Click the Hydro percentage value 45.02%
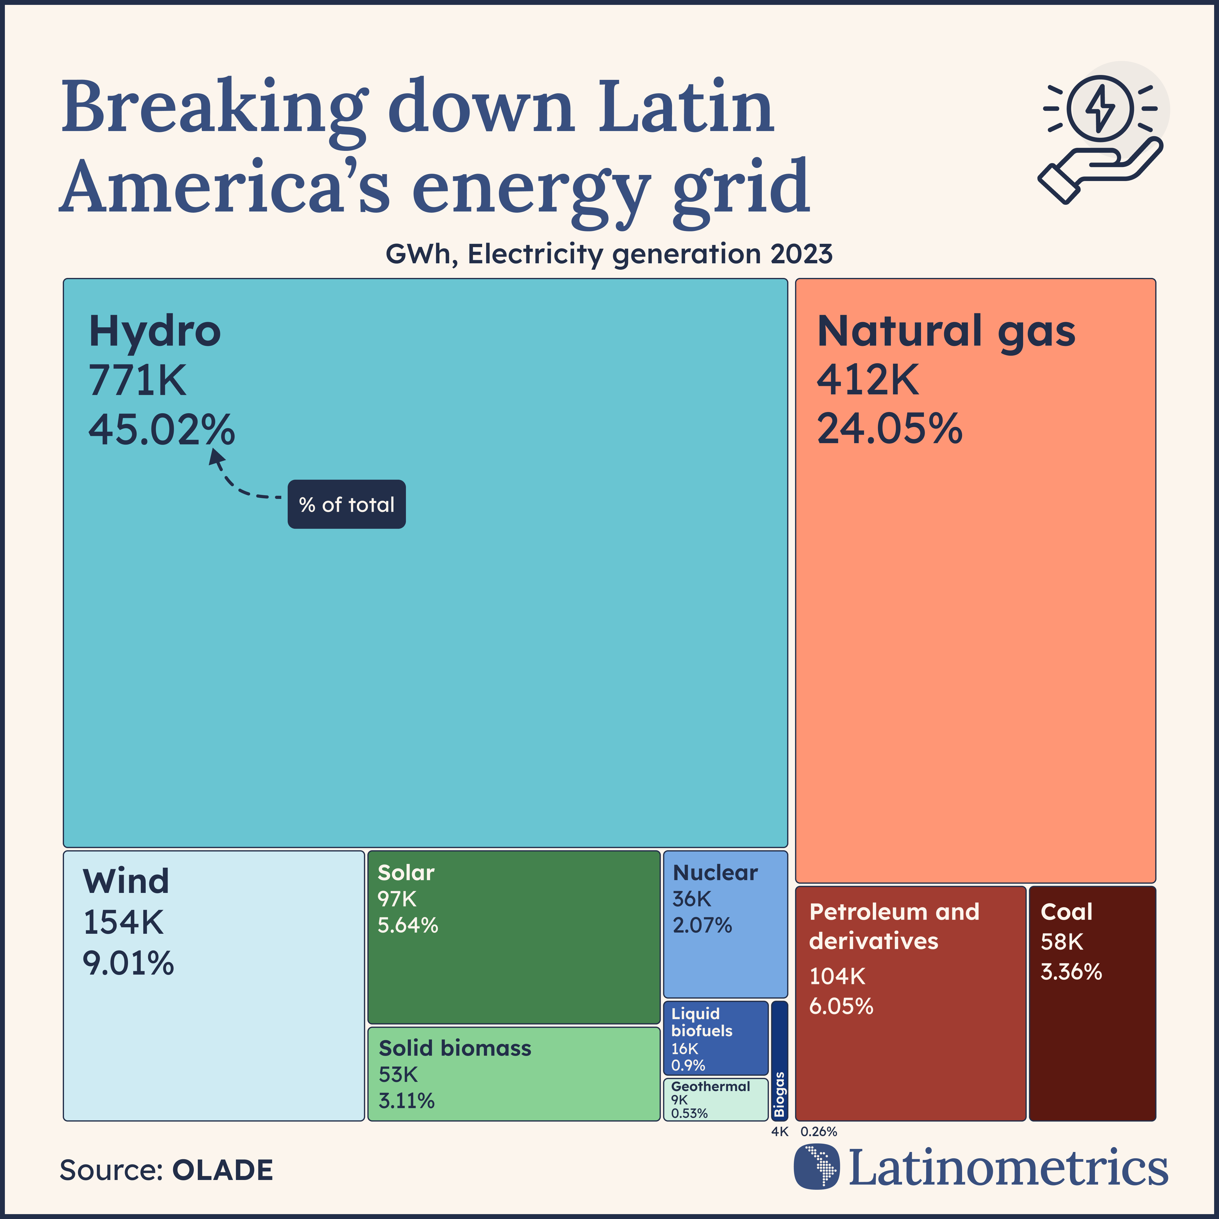tap(162, 430)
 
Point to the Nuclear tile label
tap(715, 872)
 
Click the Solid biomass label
tap(455, 1048)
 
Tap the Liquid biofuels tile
tap(715, 1038)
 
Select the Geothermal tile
tap(715, 1099)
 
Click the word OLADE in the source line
tap(222, 1171)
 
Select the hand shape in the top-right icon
tap(1098, 170)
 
